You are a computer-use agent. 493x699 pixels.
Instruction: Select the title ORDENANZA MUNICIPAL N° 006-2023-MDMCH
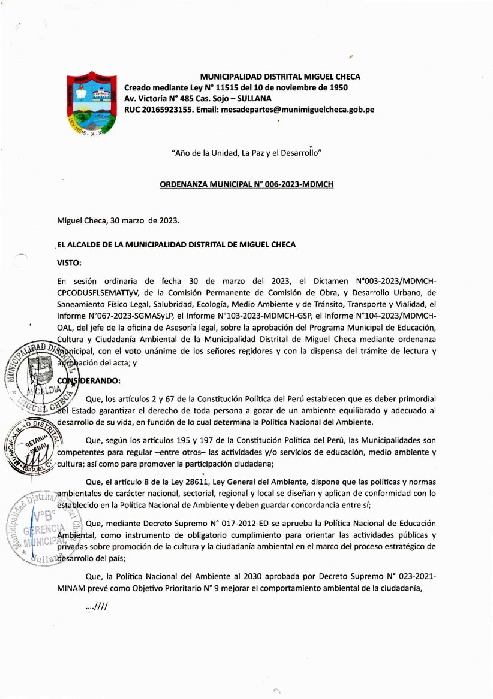[246, 185]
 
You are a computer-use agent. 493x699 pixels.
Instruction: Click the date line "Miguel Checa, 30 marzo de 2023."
[118, 220]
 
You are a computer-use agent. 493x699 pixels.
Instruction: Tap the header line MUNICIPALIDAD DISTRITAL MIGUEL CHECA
[279, 77]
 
